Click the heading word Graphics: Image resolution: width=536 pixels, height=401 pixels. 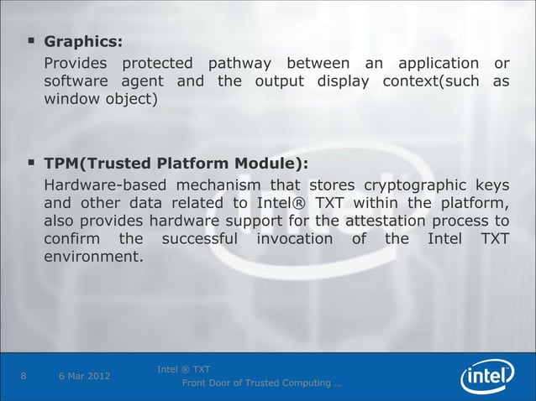pyautogui.click(x=82, y=40)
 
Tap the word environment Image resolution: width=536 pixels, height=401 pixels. pyautogui.click(x=93, y=258)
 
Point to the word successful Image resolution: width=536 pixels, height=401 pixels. pyautogui.click(x=198, y=240)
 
